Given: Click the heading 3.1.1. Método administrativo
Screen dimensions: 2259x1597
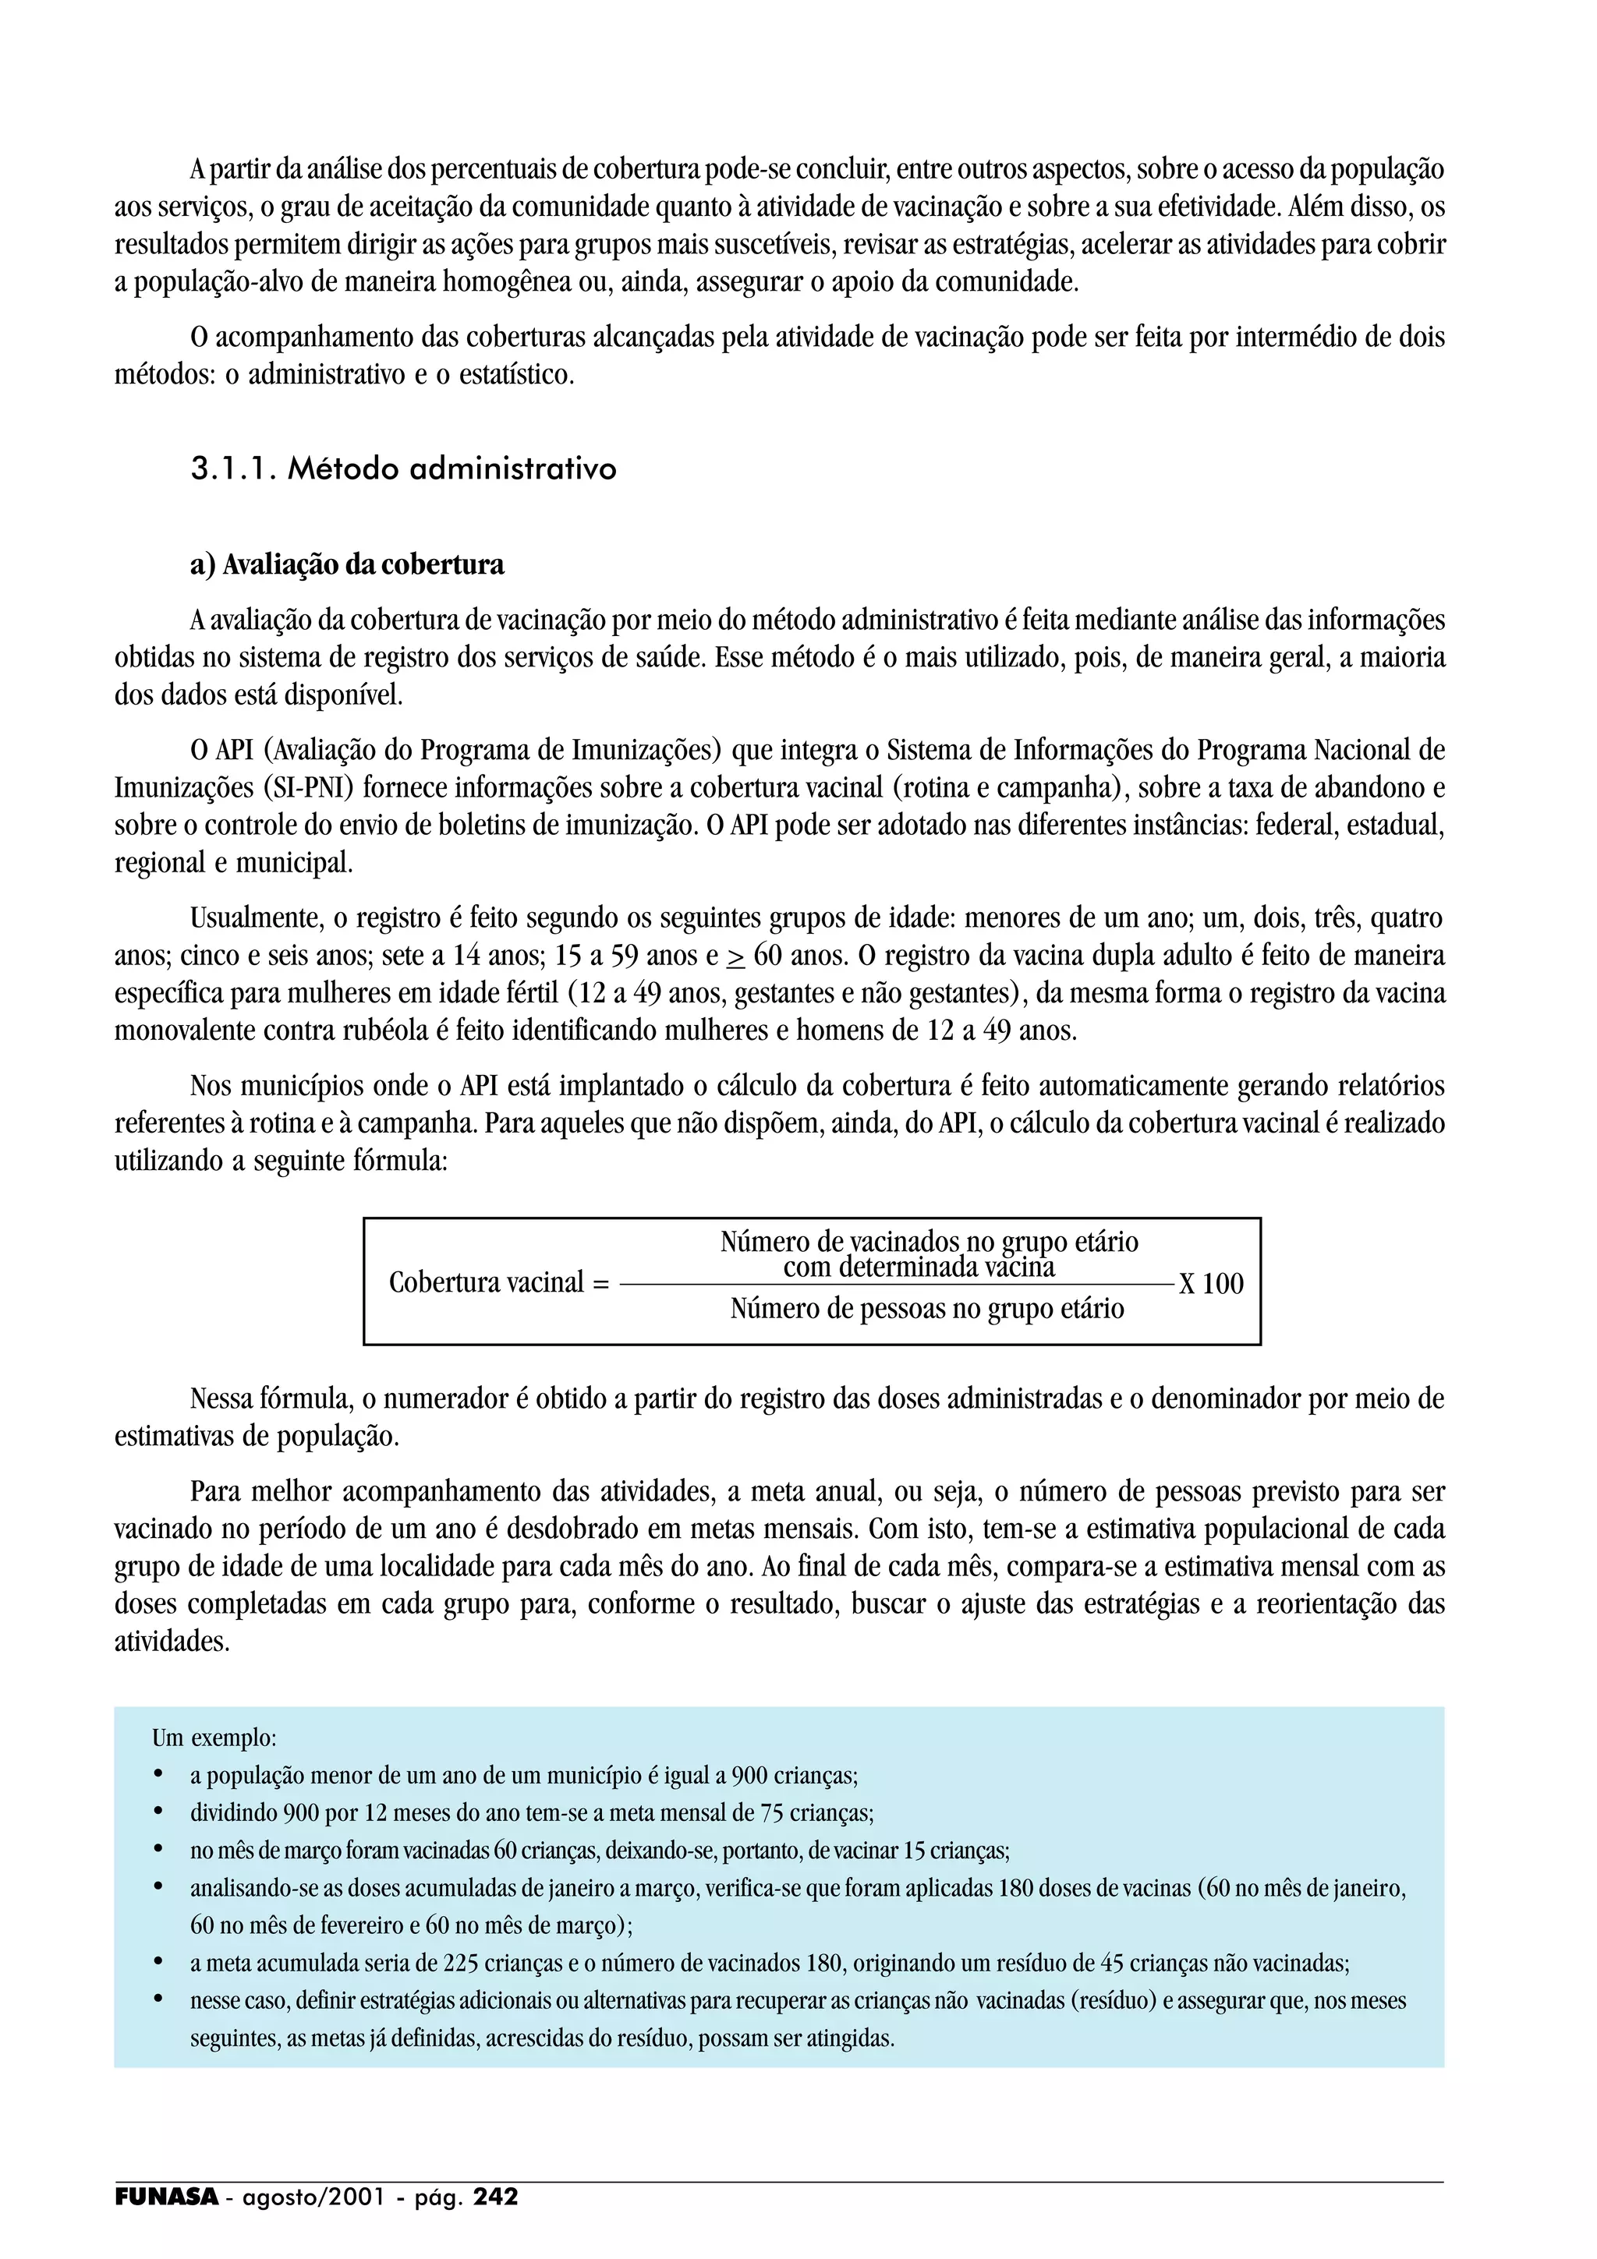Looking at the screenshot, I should (x=403, y=469).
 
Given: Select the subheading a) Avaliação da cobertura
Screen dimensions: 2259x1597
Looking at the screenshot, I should (x=346, y=564).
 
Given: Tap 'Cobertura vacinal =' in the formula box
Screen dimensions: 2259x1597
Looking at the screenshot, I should (x=499, y=1283).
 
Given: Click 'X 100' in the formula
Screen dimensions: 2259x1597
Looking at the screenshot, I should (x=1211, y=1284).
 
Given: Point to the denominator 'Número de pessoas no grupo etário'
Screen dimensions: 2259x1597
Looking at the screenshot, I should (x=927, y=1310).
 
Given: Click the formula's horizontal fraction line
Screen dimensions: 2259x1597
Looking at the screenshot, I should (x=895, y=1285).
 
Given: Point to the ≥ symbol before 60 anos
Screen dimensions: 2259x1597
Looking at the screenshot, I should (x=736, y=957).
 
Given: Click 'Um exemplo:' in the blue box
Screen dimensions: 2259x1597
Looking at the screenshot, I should (x=214, y=1738).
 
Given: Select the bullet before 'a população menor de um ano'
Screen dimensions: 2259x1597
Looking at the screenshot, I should (x=158, y=1775).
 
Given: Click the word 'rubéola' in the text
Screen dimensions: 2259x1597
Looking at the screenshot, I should (x=390, y=1031).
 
